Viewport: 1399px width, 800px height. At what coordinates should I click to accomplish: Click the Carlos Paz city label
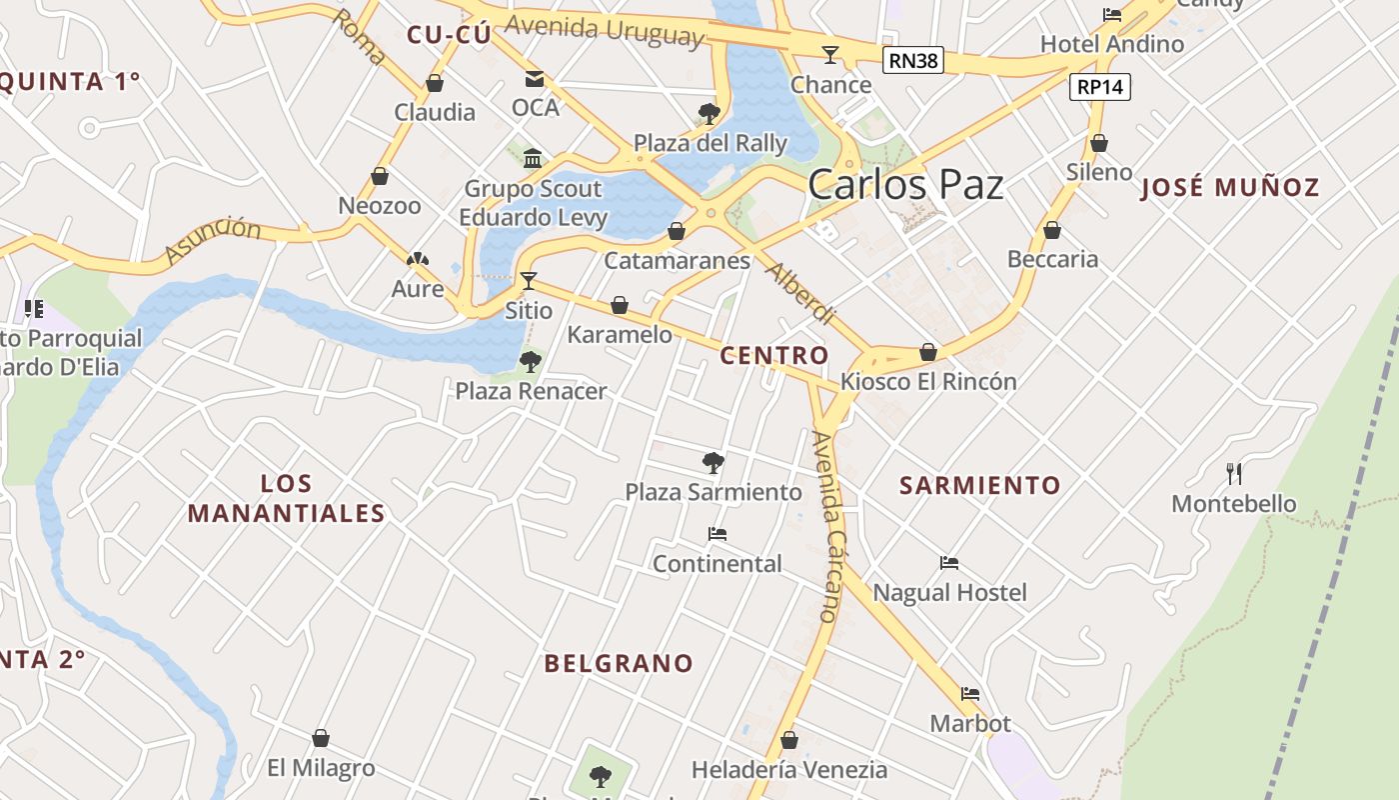pos(905,185)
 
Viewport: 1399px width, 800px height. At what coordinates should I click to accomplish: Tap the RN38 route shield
pos(913,61)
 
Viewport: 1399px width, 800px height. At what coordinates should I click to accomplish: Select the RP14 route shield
pos(1100,87)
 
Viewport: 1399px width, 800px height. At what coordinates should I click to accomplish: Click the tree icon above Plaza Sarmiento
pos(712,462)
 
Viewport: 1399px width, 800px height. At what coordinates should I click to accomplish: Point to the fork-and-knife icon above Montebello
pos(1234,473)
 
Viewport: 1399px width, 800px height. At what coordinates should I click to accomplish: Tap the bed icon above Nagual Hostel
pos(949,563)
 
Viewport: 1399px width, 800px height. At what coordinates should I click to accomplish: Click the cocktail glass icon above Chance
pos(830,54)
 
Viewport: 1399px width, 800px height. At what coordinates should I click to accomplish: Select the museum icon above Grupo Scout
pos(533,158)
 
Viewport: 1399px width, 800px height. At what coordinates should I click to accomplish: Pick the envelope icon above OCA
pos(535,78)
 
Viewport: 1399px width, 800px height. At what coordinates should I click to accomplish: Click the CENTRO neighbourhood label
pos(774,355)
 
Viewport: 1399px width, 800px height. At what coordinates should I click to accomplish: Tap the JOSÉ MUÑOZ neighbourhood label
pos(1230,187)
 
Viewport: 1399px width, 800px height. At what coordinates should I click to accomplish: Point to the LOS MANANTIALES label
pos(287,498)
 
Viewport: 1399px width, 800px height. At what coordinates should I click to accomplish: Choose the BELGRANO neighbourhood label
pos(619,663)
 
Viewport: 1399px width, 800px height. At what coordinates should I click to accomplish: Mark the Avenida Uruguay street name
pos(604,30)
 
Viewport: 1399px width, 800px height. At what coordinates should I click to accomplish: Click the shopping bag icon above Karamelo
pos(620,305)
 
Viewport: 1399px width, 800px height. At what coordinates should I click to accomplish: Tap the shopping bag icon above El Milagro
pos(321,738)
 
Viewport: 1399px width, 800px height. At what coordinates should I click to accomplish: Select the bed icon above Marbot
pos(970,693)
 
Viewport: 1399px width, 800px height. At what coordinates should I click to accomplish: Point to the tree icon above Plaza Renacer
pos(531,361)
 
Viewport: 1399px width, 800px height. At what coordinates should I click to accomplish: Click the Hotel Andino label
pos(1112,44)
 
